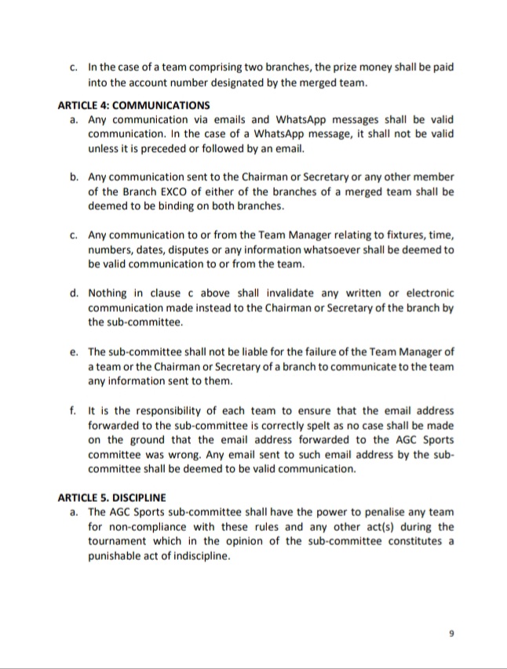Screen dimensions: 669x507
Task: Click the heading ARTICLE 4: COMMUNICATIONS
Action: (134, 104)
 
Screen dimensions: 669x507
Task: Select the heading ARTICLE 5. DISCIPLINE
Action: (111, 497)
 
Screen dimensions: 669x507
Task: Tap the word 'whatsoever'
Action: (339, 250)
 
